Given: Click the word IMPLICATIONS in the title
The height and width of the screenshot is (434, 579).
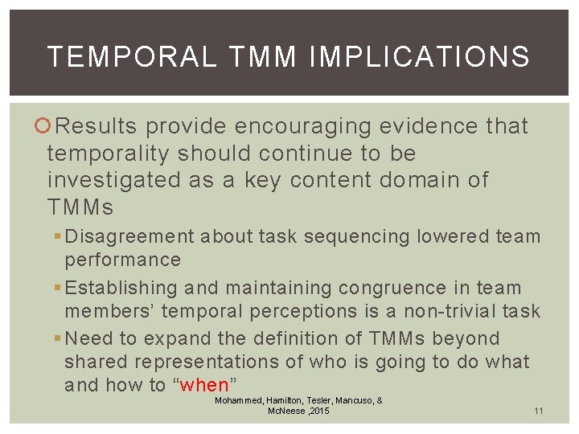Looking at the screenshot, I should [420, 57].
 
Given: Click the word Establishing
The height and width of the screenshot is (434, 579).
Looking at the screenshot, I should [121, 288].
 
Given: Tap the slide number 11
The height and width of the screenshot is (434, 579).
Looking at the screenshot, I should [539, 411].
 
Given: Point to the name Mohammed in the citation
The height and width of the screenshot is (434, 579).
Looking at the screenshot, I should [240, 399].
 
